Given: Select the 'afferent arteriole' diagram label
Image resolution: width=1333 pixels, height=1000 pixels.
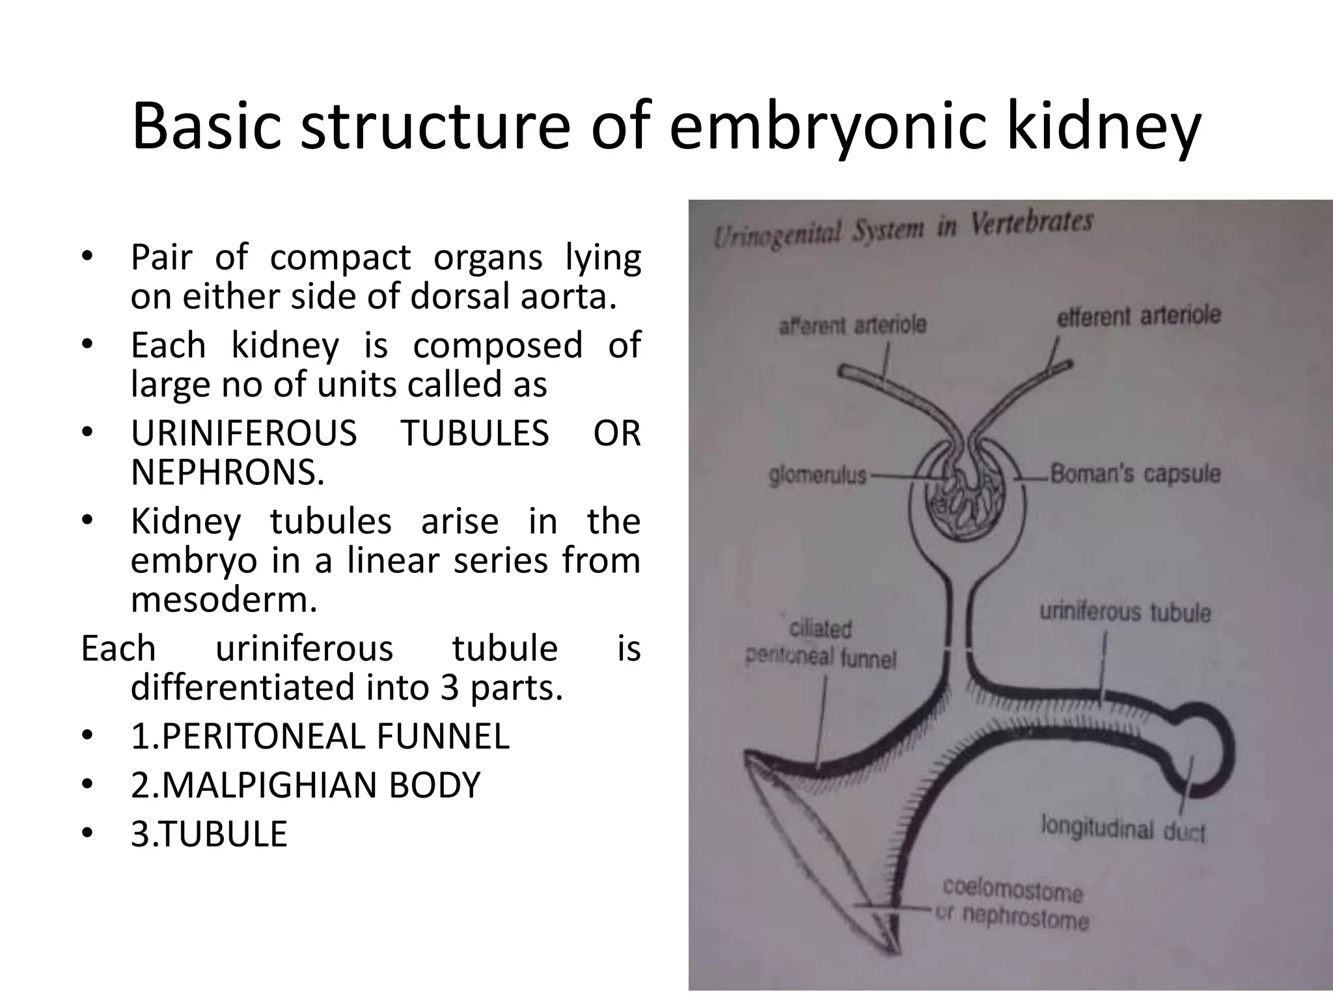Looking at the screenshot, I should [x=852, y=324].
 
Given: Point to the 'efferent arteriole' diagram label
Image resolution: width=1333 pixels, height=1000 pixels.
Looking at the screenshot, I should [x=1138, y=316].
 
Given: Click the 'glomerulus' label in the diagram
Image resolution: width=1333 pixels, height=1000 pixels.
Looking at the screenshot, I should [x=818, y=475].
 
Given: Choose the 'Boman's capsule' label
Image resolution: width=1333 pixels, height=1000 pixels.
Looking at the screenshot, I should [x=1135, y=473].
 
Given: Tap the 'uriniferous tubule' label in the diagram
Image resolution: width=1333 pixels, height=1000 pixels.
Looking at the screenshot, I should [x=1125, y=612].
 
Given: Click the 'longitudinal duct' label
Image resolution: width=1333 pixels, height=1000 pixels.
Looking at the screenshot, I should [x=1123, y=829].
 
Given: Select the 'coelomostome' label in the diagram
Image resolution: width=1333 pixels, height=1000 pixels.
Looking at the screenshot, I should [x=1013, y=889].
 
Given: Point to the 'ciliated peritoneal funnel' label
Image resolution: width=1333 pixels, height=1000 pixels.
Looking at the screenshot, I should [x=821, y=644].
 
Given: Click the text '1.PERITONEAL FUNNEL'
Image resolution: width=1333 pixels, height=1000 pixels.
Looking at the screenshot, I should [x=320, y=736].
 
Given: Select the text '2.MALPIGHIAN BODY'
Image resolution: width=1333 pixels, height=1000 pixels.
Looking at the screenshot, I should [x=305, y=785].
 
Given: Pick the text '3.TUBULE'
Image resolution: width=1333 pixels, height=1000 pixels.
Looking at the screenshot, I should [x=209, y=834].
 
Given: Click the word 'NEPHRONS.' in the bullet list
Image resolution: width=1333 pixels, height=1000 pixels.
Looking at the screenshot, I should [x=228, y=472].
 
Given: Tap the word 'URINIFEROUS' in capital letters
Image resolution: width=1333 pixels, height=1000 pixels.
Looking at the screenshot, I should [x=244, y=433].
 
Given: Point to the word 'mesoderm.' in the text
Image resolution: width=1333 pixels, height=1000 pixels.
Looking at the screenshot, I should [x=224, y=599].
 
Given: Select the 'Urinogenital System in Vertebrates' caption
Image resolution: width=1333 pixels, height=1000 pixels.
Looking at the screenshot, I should [x=903, y=227].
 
